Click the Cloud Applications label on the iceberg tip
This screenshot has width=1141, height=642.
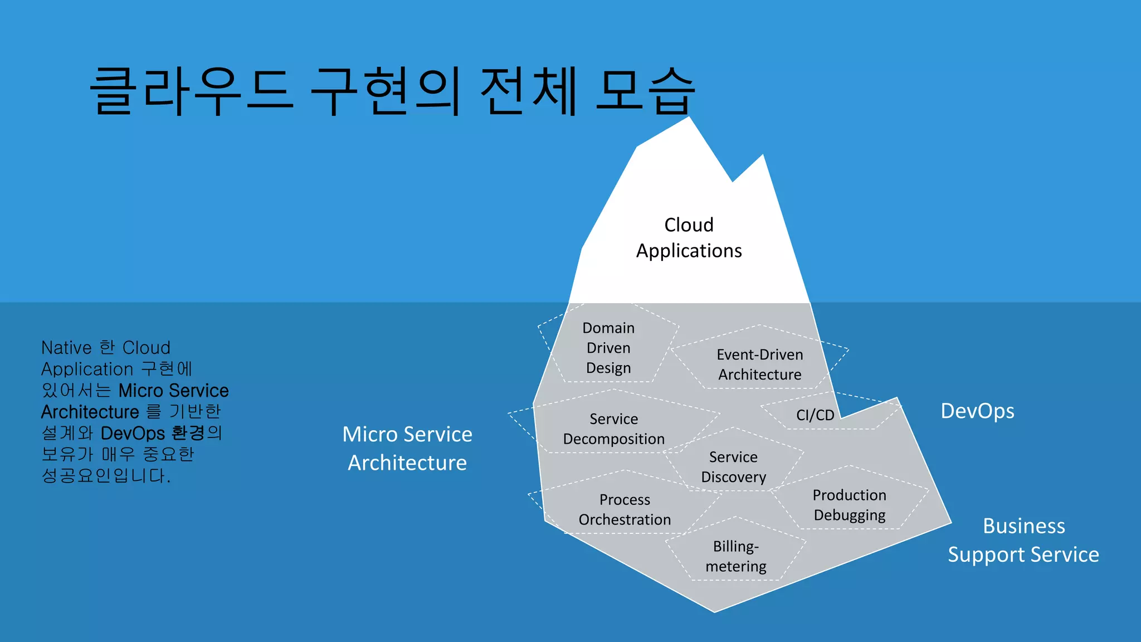689,238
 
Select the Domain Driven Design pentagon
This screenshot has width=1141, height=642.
608,348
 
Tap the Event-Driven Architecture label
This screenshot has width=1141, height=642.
760,364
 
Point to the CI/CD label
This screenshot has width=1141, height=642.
815,415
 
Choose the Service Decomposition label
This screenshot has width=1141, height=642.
614,429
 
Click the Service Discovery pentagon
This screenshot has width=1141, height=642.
733,466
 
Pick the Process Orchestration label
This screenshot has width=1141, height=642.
625,509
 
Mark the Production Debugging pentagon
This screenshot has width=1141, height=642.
850,505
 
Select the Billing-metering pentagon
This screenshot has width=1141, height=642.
736,556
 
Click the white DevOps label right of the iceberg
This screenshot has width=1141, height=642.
977,411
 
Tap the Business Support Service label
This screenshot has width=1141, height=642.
1023,540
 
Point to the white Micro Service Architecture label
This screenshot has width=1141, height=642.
407,448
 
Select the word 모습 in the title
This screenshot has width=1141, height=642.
645,91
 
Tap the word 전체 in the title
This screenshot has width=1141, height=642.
528,91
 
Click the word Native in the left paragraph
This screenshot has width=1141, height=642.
66,348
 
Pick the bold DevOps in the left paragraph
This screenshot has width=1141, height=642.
133,433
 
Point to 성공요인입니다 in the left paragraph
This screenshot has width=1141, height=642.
106,475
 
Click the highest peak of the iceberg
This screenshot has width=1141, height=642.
689,118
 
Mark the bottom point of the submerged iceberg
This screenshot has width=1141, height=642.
714,611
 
